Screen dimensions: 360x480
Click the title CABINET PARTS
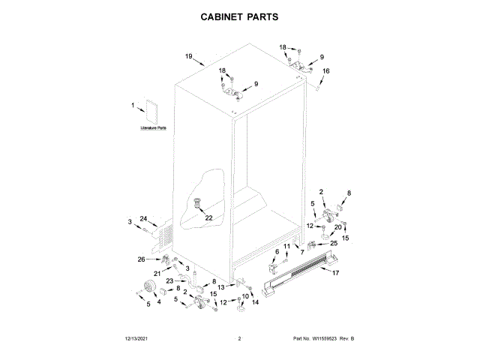240,16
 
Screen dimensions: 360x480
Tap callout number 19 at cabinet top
189,56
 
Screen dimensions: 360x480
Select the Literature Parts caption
153,129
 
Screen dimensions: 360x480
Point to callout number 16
325,71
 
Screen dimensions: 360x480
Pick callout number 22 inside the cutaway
208,217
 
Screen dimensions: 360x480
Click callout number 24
143,218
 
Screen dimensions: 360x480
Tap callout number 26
140,259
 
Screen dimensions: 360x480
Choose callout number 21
157,273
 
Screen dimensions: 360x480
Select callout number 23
169,280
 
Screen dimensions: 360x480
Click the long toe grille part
300,274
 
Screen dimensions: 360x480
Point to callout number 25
334,244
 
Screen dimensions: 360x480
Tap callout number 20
337,226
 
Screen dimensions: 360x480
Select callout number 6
276,251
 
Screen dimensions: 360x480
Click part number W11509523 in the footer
327,339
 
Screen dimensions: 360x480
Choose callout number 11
286,246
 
